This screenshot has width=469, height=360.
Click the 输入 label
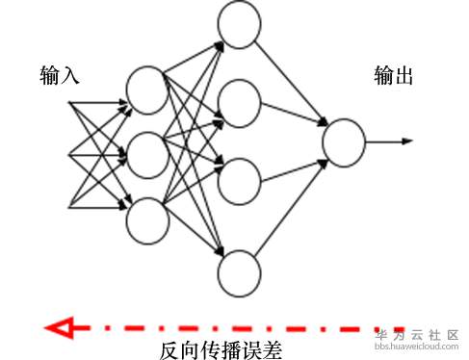59,75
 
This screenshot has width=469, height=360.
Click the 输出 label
394,75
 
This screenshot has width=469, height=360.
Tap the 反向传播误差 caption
221,350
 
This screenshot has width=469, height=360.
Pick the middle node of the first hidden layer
147,155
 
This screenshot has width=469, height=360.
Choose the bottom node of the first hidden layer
147,219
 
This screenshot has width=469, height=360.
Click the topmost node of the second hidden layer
239,24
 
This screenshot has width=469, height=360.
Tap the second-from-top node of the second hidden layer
239,103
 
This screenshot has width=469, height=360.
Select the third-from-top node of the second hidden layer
239,179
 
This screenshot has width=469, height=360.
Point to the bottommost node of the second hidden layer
239,273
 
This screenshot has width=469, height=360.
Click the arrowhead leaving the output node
407,141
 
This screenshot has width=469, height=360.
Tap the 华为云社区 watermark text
420,330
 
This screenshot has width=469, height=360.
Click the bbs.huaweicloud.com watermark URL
420,344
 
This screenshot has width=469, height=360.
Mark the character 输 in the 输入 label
49,75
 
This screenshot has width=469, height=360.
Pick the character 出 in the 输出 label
404,75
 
